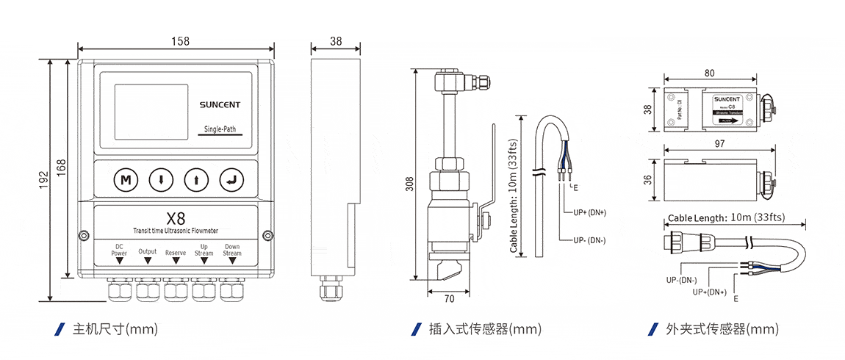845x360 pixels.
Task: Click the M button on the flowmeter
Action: click(126, 179)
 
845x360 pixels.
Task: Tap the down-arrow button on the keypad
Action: click(161, 179)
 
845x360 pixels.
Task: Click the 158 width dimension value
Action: click(179, 41)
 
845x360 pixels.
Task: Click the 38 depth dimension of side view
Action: click(336, 41)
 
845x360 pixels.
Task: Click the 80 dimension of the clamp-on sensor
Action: click(709, 73)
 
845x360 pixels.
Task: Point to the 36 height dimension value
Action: click(647, 180)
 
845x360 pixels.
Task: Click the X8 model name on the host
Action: click(176, 218)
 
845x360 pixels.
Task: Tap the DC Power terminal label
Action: click(119, 250)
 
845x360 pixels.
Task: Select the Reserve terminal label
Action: click(176, 252)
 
